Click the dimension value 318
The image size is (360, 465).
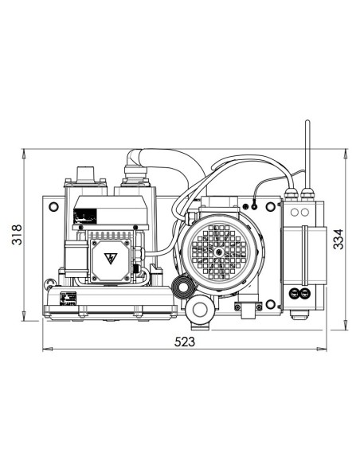17,234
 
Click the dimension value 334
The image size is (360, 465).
338,239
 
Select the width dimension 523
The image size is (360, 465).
185,342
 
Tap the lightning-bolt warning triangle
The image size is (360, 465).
111,258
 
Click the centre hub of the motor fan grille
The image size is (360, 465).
220,252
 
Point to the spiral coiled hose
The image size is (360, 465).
182,287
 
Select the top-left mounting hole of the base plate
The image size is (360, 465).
53,206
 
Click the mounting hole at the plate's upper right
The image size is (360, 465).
271,207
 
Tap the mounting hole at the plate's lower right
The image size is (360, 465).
270,304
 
